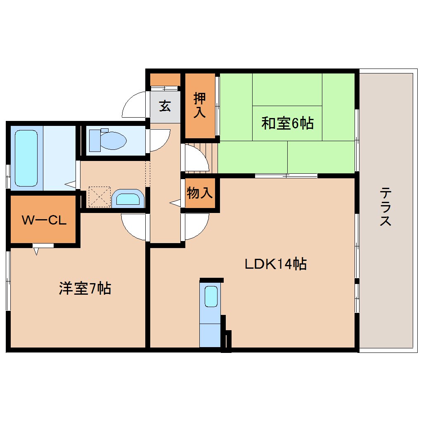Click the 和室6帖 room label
pyautogui.click(x=287, y=123)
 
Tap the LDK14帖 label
pyautogui.click(x=275, y=264)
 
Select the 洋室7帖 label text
pyautogui.click(x=85, y=289)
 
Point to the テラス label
pyautogui.click(x=386, y=207)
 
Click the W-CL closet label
pyautogui.click(x=44, y=220)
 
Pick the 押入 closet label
pyautogui.click(x=200, y=106)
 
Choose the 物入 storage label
pyautogui.click(x=200, y=193)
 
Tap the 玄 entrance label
pyautogui.click(x=165, y=106)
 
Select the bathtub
pyautogui.click(x=26, y=158)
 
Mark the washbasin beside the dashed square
pyautogui.click(x=128, y=199)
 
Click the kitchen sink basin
pyautogui.click(x=211, y=296)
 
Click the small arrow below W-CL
pyautogui.click(x=36, y=250)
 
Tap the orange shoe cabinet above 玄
pyautogui.click(x=165, y=79)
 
